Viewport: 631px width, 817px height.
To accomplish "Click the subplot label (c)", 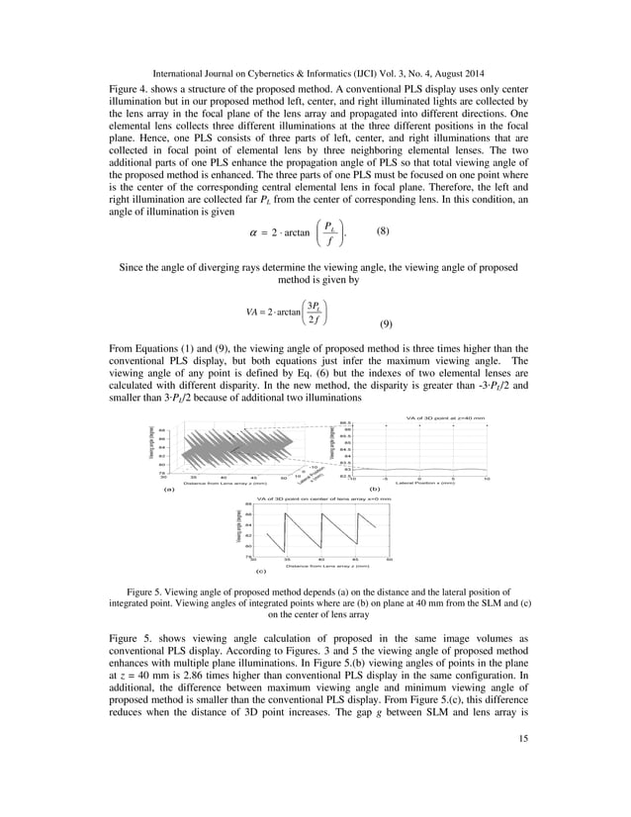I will (x=261, y=572).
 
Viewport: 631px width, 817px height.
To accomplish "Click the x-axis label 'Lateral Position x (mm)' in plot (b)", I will (x=426, y=483).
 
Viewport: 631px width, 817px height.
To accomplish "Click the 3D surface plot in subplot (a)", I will (x=237, y=450).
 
